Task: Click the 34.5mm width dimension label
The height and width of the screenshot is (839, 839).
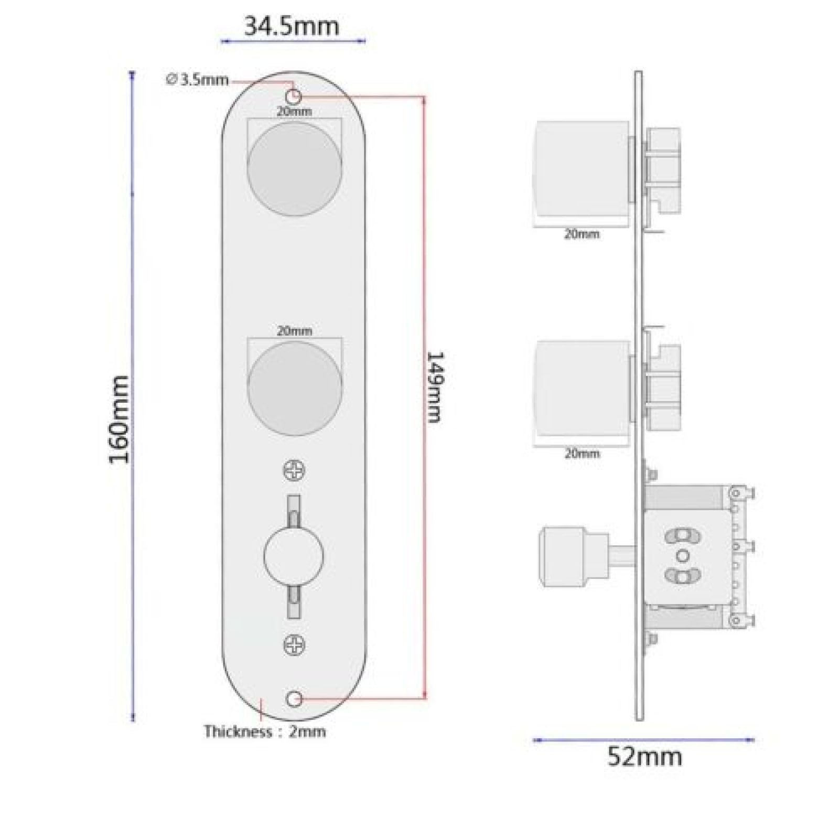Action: [292, 26]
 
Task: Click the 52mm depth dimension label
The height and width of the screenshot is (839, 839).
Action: [644, 757]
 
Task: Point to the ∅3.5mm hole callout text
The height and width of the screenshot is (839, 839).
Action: [198, 80]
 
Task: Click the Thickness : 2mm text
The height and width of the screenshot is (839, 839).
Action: [265, 732]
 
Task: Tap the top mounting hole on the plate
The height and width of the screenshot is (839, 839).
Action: [295, 96]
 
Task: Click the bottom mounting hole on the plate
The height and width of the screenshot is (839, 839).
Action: [295, 698]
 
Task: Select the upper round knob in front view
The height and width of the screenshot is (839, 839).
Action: [294, 168]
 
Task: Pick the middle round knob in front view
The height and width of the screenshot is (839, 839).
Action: [294, 388]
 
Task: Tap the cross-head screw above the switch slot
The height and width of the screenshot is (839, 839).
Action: [294, 470]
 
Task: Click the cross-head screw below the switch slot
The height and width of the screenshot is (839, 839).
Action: [294, 644]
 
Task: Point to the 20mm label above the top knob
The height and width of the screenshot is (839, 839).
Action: [294, 111]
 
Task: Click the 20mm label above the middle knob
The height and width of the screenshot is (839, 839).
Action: [294, 331]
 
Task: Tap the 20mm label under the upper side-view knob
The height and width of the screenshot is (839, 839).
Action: [582, 234]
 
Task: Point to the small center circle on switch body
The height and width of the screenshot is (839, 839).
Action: [682, 555]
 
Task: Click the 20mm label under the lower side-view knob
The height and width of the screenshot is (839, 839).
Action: [582, 454]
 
